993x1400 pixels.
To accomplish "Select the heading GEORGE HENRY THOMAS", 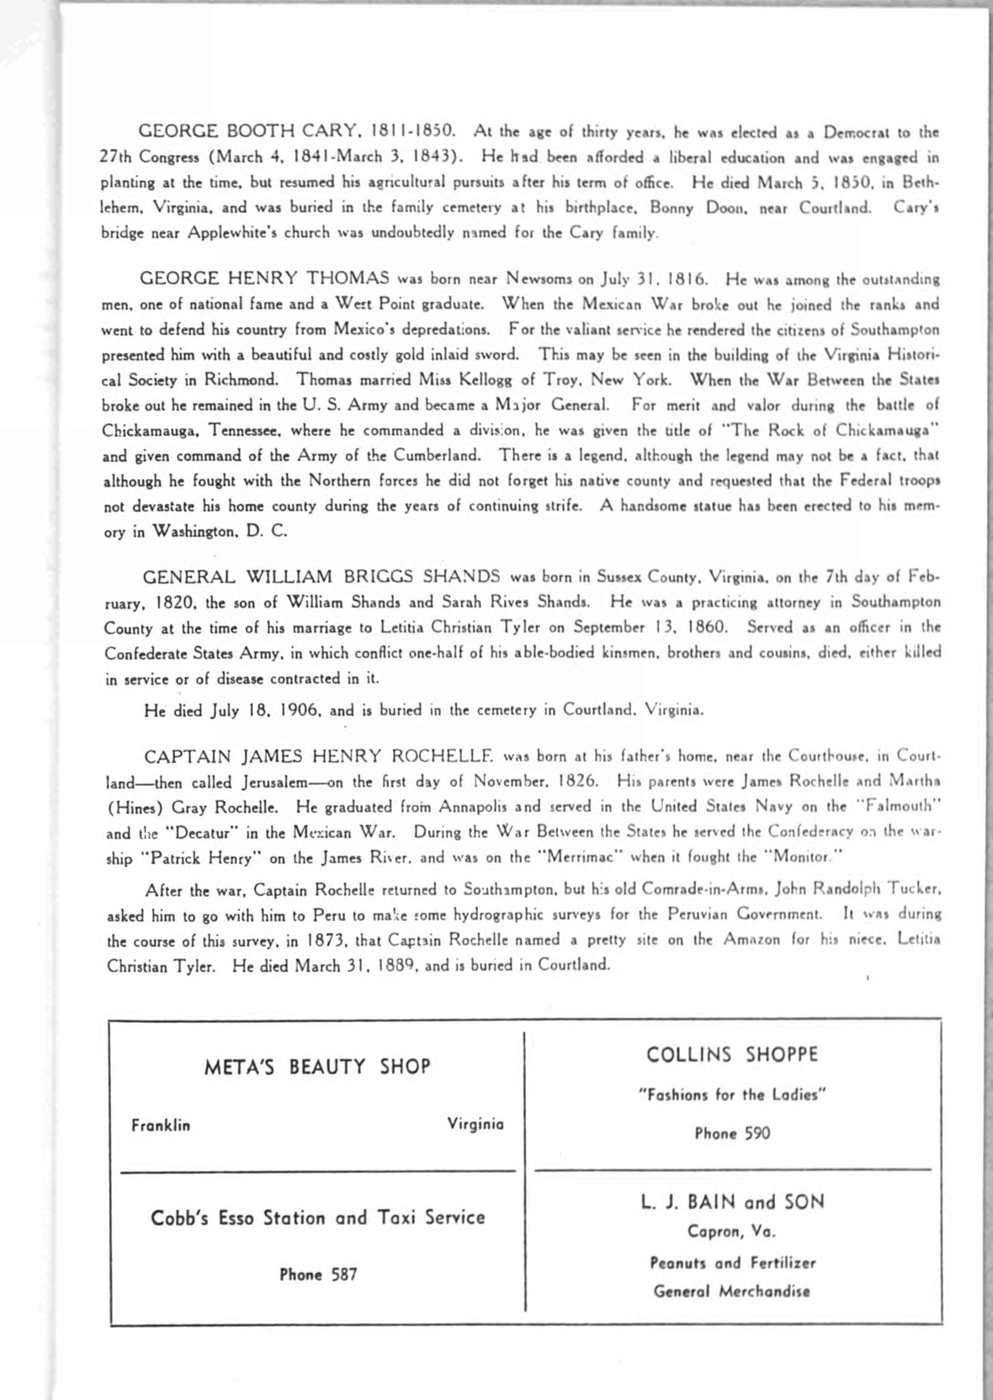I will pyautogui.click(x=264, y=278).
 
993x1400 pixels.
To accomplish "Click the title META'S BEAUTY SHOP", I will pyautogui.click(x=317, y=1067).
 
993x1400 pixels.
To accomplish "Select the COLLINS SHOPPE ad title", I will pyautogui.click(x=732, y=1055).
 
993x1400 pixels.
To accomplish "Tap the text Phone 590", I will pyautogui.click(x=732, y=1133).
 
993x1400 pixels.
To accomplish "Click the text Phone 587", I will pyautogui.click(x=318, y=1275).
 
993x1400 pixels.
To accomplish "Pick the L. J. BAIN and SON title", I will pyautogui.click(x=732, y=1201).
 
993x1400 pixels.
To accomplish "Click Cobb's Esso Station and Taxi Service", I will pyautogui.click(x=318, y=1217).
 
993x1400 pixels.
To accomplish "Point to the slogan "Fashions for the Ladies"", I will pyautogui.click(x=732, y=1095).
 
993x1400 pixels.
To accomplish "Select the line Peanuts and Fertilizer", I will pyautogui.click(x=732, y=1263).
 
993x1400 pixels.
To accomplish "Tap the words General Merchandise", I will pyautogui.click(x=732, y=1291).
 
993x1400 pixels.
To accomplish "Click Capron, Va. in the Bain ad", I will pyautogui.click(x=732, y=1232).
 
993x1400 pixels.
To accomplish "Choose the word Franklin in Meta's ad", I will pyautogui.click(x=161, y=1125).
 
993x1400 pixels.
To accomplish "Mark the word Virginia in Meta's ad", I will pyautogui.click(x=475, y=1124).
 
